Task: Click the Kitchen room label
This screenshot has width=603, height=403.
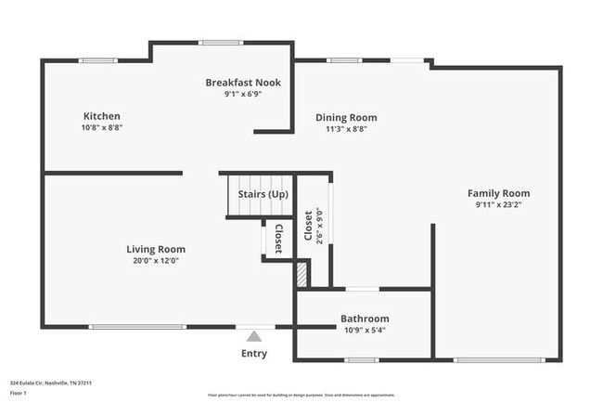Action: click(x=102, y=116)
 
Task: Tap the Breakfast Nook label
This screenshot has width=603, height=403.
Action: click(x=243, y=83)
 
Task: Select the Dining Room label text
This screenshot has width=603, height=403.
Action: click(x=346, y=118)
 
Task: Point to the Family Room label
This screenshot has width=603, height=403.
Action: click(x=498, y=193)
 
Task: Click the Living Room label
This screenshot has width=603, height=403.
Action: click(x=156, y=249)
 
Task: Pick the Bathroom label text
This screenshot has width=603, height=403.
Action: click(x=365, y=318)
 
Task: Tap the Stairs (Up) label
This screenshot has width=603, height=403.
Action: click(x=263, y=194)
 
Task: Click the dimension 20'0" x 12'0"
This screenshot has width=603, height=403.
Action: click(x=156, y=261)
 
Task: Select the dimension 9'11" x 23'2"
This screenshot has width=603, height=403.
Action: click(x=498, y=204)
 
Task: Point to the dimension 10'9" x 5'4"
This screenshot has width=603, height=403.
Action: click(x=365, y=330)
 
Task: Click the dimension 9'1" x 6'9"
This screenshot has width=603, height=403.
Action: click(x=243, y=94)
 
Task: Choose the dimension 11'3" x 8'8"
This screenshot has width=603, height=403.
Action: click(x=346, y=129)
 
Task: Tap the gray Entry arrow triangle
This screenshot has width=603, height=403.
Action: click(x=254, y=337)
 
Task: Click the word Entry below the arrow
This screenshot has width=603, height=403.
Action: click(x=254, y=354)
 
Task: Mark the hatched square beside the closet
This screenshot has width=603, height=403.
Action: click(x=301, y=276)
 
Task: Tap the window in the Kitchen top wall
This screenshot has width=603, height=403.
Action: click(x=98, y=61)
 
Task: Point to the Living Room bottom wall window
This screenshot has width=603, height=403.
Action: click(x=137, y=327)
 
